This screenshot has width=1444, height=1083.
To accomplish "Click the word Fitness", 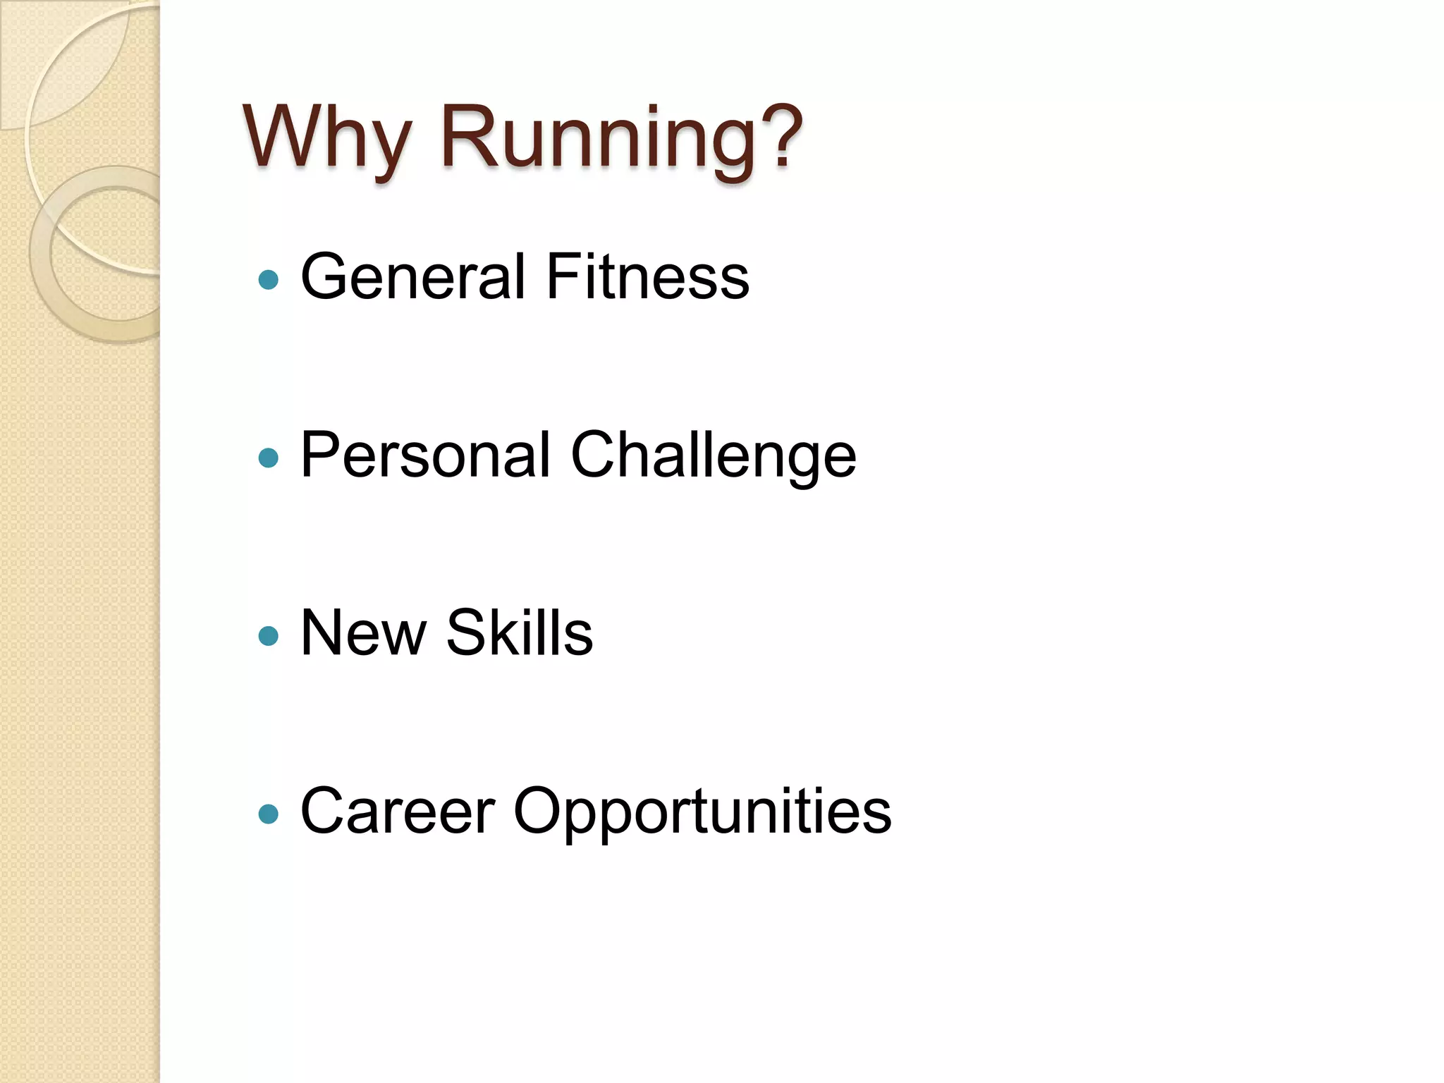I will [647, 276].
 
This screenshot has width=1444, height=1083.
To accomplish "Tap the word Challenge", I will [714, 456].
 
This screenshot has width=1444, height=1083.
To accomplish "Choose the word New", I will [363, 632].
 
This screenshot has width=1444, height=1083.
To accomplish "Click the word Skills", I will [520, 632].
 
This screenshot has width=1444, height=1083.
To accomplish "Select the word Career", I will [398, 811].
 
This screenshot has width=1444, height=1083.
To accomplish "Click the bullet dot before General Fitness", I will [269, 280].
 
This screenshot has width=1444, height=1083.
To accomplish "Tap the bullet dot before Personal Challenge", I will [269, 458].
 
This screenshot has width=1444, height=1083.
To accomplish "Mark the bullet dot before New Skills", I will [269, 637].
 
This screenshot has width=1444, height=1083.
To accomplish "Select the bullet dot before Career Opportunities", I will [269, 815].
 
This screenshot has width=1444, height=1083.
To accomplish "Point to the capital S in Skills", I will [467, 632].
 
